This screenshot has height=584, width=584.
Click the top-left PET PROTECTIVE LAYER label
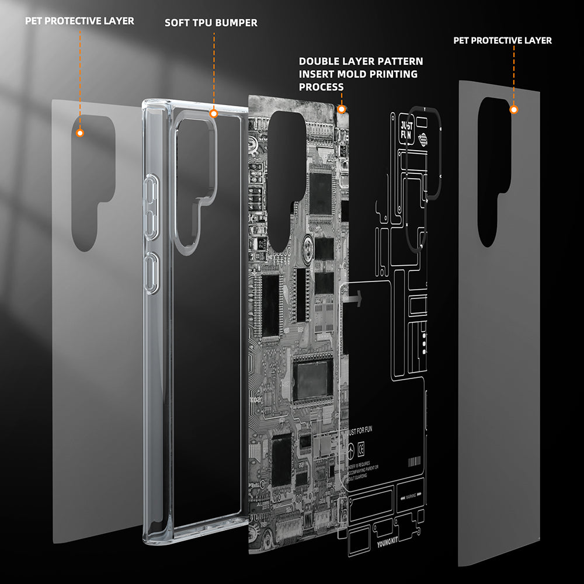[x=79, y=21]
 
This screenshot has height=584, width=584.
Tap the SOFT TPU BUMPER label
[x=211, y=23]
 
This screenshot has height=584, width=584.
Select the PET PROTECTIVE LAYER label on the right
[x=502, y=40]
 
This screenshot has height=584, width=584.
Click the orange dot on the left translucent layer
[x=81, y=133]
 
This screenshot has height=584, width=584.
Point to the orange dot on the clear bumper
[x=214, y=114]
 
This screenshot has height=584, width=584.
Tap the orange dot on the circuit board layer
[x=342, y=109]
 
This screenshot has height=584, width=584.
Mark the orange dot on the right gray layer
[x=514, y=109]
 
